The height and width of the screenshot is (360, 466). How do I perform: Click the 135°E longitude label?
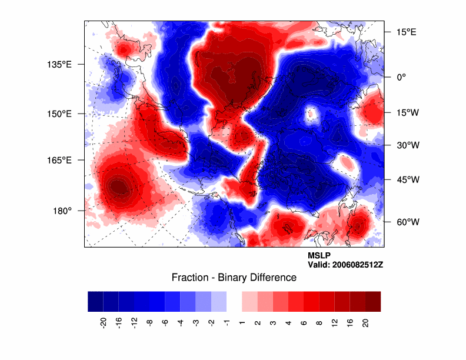[x=60, y=64]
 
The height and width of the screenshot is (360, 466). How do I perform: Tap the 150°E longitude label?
[x=60, y=114]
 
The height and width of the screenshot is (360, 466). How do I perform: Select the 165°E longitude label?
[x=60, y=160]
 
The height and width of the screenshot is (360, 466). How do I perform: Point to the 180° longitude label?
[x=63, y=210]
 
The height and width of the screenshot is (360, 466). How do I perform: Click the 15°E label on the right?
[x=406, y=32]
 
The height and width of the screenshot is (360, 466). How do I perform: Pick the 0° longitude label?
[x=401, y=76]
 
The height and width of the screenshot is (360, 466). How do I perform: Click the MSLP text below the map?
[x=318, y=256]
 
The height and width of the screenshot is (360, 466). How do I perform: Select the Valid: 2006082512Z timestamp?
[x=345, y=265]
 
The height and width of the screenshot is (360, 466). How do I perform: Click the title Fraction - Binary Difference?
[x=234, y=277]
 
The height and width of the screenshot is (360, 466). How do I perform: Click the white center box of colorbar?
[x=234, y=301]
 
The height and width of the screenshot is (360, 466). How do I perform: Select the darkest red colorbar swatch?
[x=373, y=301]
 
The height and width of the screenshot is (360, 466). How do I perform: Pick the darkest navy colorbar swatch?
[x=95, y=301]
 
